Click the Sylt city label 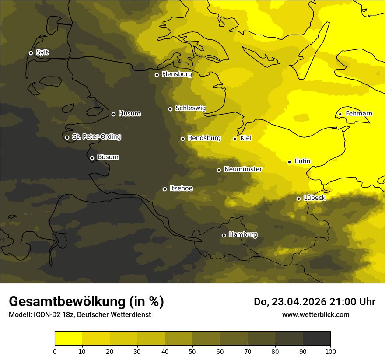(42, 52)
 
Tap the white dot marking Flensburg (157, 75)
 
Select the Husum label (129, 114)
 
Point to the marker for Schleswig (171, 109)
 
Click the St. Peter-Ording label (96, 136)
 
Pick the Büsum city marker (92, 158)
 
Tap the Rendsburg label (204, 138)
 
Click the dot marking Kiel (235, 139)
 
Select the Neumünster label (243, 169)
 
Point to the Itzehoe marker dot (165, 189)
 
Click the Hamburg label (243, 234)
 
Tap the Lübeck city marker (299, 199)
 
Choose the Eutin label (302, 161)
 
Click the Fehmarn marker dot (340, 115)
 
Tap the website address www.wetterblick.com (315, 314)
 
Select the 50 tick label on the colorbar (192, 351)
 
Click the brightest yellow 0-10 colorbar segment (69, 339)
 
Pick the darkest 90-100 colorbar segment (316, 339)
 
